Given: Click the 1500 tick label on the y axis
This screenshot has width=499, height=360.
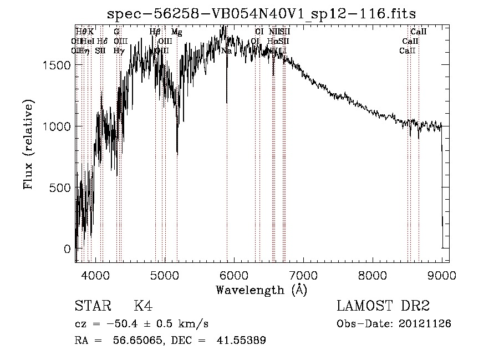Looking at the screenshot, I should tap(55, 65).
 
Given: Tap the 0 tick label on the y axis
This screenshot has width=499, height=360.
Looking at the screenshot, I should tap(67, 249).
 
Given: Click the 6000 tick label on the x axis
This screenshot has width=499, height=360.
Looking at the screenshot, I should tap(234, 275).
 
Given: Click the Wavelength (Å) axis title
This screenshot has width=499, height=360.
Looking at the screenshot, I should tap(261, 290).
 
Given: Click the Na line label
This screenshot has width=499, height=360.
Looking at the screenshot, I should tap(226, 50).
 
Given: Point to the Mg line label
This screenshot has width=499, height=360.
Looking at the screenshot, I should tap(176, 32).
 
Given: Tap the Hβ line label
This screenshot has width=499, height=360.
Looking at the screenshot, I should tap(155, 32).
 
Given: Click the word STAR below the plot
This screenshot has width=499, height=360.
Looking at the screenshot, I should tap(92, 306).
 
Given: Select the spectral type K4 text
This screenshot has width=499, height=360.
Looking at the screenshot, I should tap(143, 306).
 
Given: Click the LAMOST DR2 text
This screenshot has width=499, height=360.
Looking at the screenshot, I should tap(383, 306).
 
